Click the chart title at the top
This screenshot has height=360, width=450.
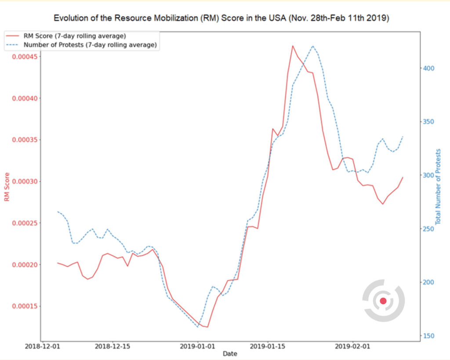pyautogui.click(x=221, y=18)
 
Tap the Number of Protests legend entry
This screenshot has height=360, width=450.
pyautogui.click(x=90, y=44)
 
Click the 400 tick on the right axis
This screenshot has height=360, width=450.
pyautogui.click(x=428, y=68)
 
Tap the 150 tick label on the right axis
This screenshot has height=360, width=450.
pyautogui.click(x=428, y=336)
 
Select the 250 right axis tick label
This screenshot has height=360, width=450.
pyautogui.click(x=428, y=229)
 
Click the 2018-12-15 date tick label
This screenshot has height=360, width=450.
pyautogui.click(x=112, y=346)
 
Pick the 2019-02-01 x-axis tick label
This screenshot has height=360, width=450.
pyautogui.click(x=353, y=346)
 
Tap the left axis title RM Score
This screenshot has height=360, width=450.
pyautogui.click(x=7, y=187)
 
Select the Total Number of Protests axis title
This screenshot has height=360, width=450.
pyautogui.click(x=438, y=187)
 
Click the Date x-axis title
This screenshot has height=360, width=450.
pyautogui.click(x=230, y=353)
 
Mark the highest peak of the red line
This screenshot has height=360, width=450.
pyautogui.click(x=293, y=45)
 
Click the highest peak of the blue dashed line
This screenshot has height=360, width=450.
pyautogui.click(x=312, y=46)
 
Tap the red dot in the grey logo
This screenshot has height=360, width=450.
pyautogui.click(x=383, y=301)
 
